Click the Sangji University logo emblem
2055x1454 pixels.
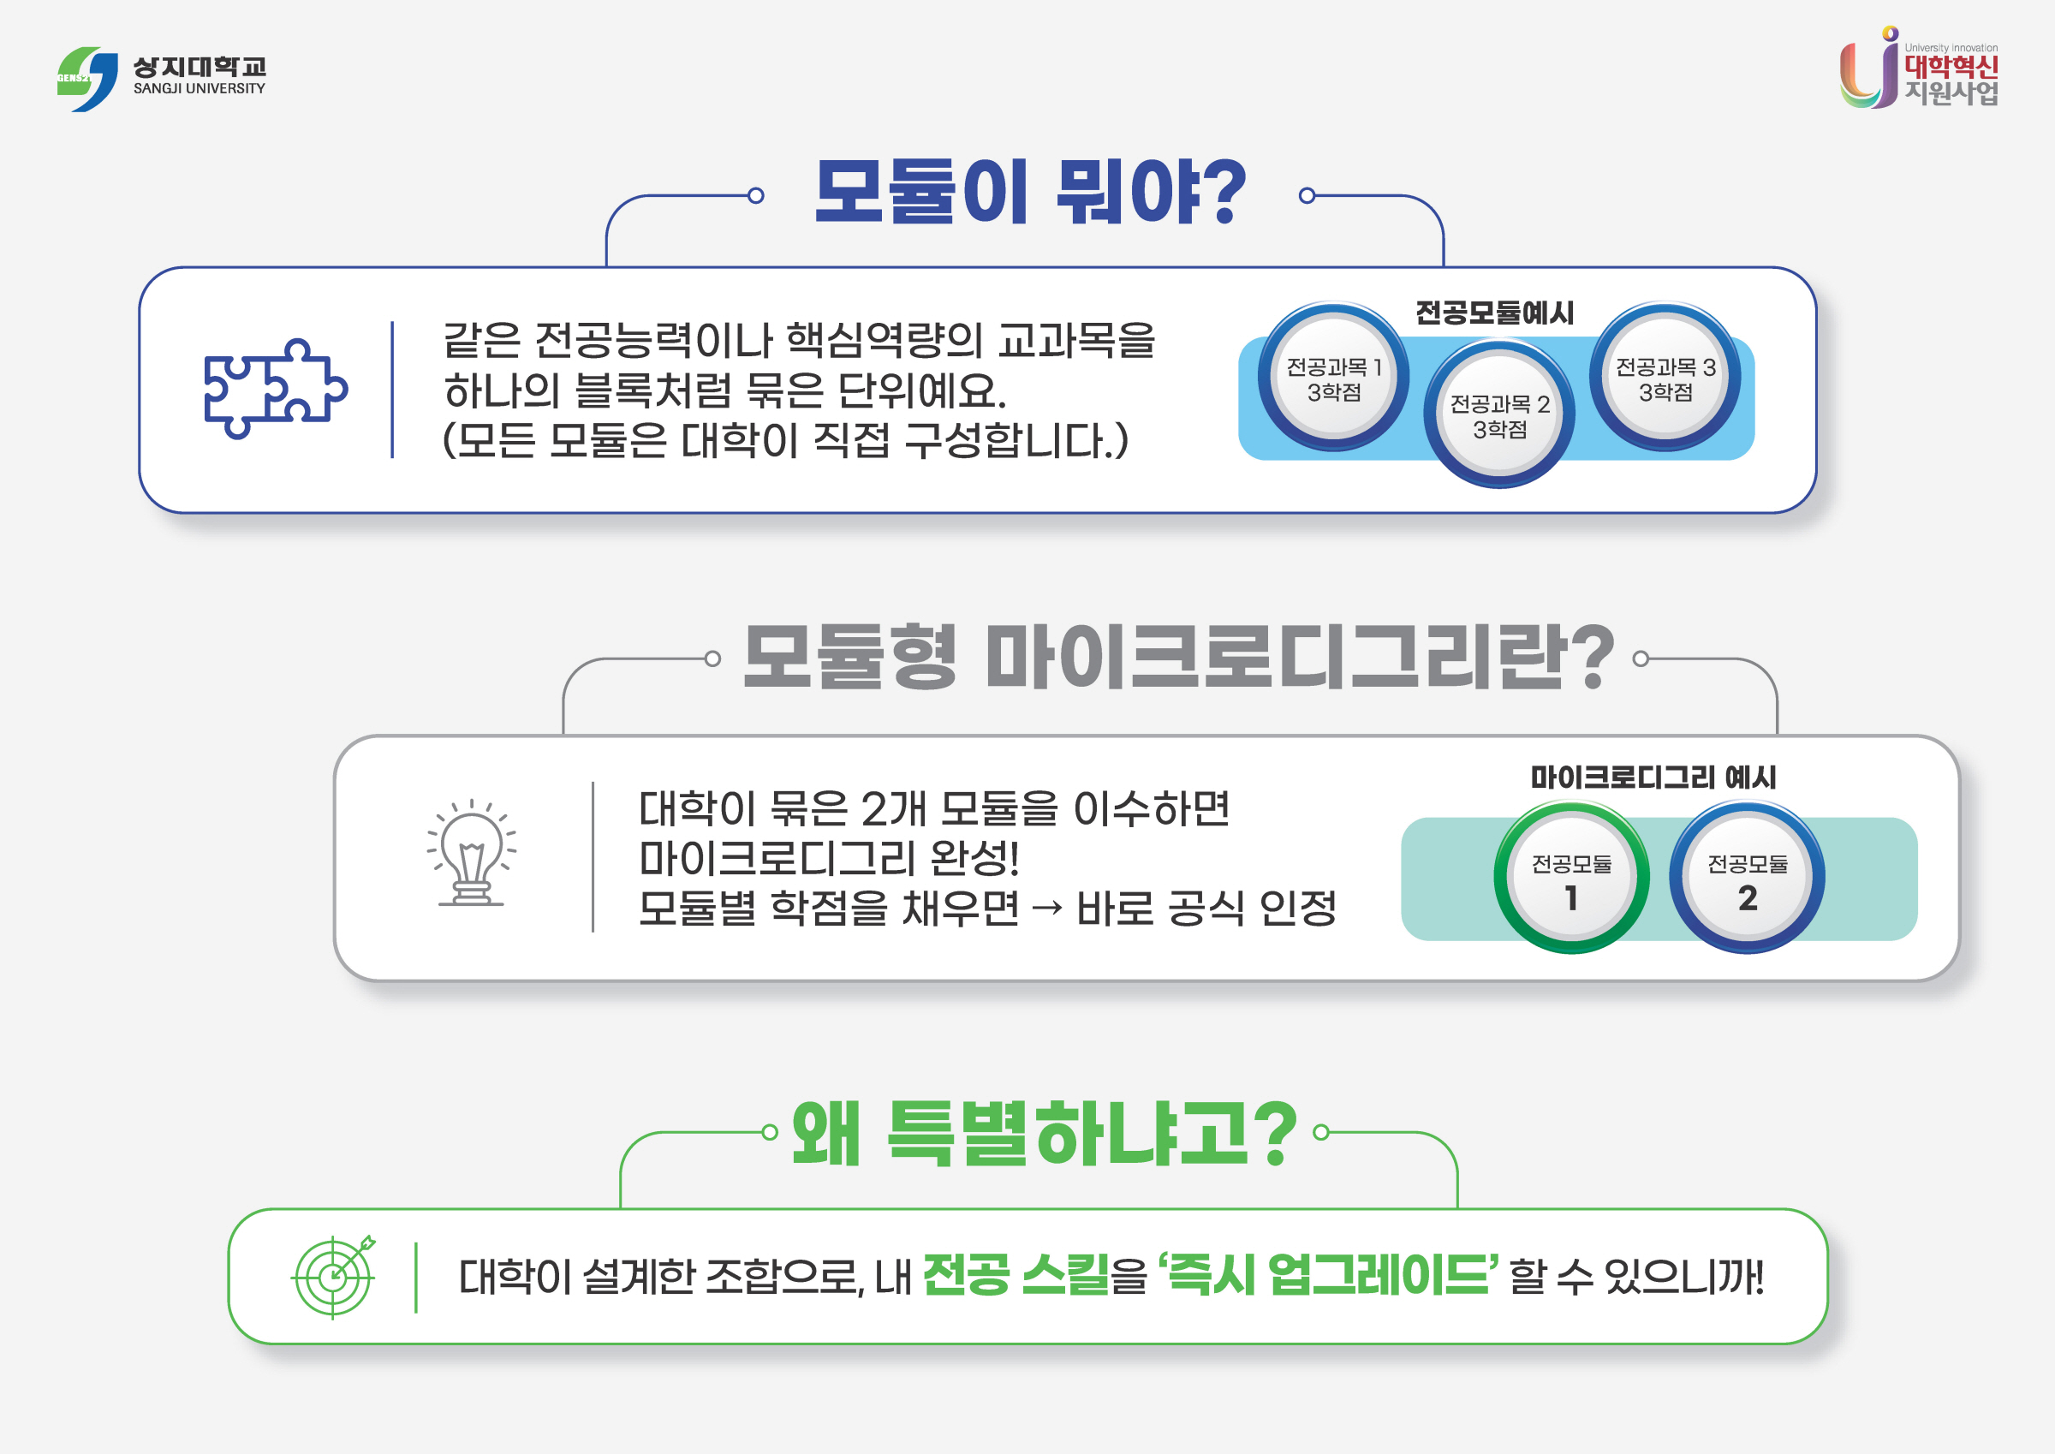[87, 79]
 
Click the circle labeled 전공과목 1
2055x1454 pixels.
[1333, 378]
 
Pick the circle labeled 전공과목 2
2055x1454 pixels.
[1499, 415]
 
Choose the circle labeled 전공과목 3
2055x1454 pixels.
[1665, 378]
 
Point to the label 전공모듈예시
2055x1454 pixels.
[1494, 313]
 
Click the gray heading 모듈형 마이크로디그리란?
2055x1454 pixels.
[1178, 658]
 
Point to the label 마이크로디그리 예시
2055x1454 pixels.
[1653, 778]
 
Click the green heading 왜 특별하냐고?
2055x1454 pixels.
[1044, 1134]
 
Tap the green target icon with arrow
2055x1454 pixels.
[334, 1277]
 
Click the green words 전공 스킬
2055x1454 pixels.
[1015, 1275]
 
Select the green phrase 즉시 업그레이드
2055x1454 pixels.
[1328, 1275]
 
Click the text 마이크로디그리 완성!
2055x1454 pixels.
[829, 859]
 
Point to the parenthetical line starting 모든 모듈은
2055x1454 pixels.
[785, 440]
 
